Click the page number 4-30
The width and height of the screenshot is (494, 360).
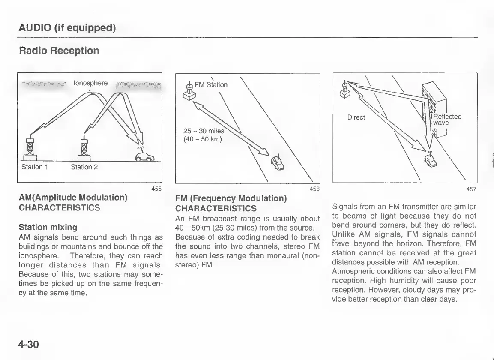pos(29,343)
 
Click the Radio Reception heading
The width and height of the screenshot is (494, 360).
pos(59,51)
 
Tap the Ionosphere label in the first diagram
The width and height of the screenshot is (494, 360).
pos(91,83)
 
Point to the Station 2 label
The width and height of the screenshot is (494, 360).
pos(84,167)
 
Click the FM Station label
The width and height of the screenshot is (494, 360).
pos(211,84)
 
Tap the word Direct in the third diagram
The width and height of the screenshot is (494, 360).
pos(356,117)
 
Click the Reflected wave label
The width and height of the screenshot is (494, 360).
pos(447,120)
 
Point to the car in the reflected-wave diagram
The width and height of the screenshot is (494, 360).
pos(431,161)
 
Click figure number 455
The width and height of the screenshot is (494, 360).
pos(156,189)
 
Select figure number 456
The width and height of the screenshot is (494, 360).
pos(314,189)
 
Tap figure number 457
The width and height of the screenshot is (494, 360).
pos(471,189)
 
